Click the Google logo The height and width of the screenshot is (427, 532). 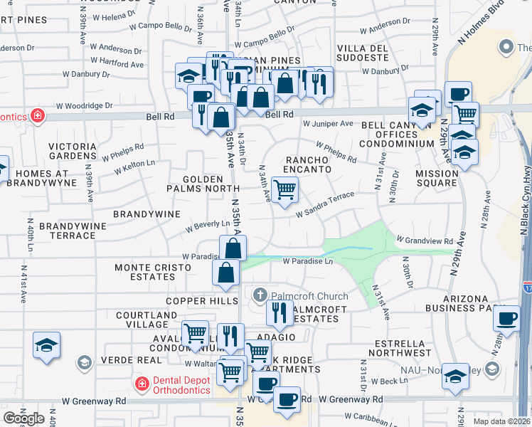(23, 418)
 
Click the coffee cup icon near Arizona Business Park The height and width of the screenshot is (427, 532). (506, 320)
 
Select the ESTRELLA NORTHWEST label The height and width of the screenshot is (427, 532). (400, 347)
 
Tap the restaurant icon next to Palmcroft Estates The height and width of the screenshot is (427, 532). (280, 312)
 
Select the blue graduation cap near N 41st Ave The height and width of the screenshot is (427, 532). (46, 346)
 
